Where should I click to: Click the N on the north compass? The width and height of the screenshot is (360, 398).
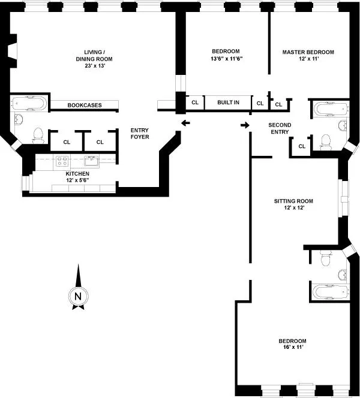(x=77, y=296)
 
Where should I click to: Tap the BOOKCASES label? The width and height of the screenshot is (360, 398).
(x=84, y=105)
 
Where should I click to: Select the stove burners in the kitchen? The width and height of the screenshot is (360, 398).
(x=61, y=161)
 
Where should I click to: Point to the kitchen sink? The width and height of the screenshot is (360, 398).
(x=92, y=161)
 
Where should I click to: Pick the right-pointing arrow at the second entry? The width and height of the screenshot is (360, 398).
(x=244, y=125)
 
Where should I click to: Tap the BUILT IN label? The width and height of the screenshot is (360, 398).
(x=228, y=102)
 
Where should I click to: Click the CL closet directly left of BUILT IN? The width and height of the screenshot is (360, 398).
(x=195, y=102)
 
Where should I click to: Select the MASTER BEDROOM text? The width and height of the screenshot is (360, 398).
(x=308, y=52)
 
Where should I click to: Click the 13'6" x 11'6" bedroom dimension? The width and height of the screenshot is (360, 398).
(x=226, y=59)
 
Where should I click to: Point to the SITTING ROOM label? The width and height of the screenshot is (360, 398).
(x=289, y=201)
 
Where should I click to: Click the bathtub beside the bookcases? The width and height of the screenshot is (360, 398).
(x=28, y=104)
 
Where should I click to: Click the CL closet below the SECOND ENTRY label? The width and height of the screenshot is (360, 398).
(x=302, y=146)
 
